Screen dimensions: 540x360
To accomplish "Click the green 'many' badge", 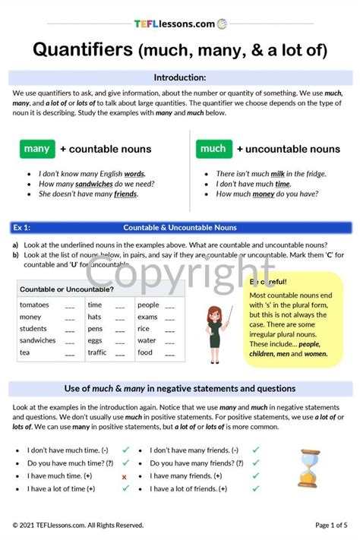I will click(x=36, y=149).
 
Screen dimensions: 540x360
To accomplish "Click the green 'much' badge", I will click(x=213, y=149).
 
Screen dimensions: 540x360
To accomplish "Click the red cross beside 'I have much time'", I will click(x=124, y=476).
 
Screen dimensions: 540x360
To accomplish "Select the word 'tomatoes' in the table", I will click(x=34, y=305).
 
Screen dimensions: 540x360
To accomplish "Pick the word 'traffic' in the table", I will click(x=97, y=352).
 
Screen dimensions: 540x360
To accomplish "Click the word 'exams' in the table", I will click(x=147, y=317).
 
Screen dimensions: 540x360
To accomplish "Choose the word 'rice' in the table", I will click(x=144, y=329).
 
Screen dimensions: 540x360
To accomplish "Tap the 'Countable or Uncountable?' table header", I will click(x=67, y=289).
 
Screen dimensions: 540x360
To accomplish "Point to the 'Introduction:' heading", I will click(x=180, y=77).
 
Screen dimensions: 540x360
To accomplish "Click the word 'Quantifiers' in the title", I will click(x=82, y=50).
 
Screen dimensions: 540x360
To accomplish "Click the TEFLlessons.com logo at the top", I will click(x=179, y=24).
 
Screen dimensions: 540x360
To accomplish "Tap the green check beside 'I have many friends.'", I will click(x=256, y=475).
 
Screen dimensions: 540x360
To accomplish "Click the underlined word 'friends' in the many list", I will click(x=126, y=194).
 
